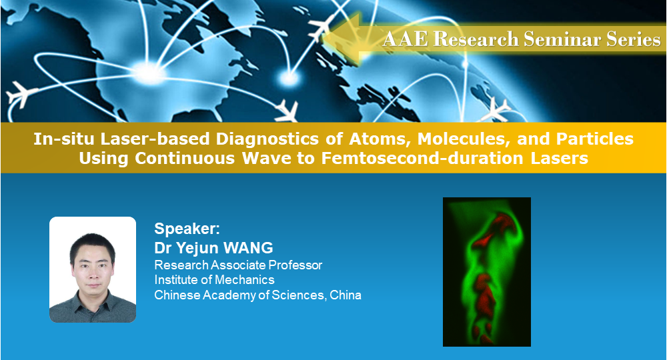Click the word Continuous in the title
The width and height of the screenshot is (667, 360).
185,158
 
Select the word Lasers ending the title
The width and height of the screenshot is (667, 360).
559,158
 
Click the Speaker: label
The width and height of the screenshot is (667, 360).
187,229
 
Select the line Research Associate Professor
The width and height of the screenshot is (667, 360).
238,265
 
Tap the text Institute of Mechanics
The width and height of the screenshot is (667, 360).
214,280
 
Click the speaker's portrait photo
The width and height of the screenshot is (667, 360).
93,269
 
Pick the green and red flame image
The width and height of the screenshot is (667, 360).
487,271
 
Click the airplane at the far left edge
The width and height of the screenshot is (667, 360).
19,93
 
